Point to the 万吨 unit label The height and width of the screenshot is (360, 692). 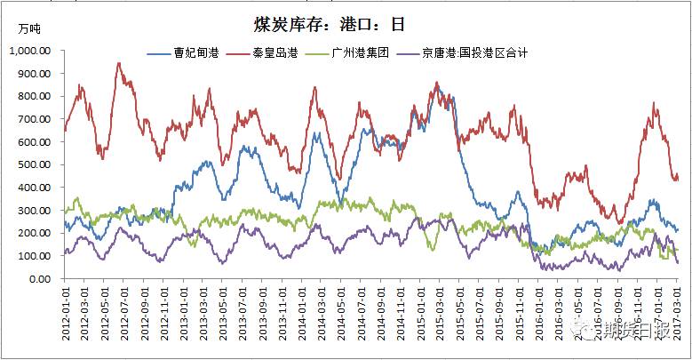point(28,29)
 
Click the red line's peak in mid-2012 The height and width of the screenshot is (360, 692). point(119,63)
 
